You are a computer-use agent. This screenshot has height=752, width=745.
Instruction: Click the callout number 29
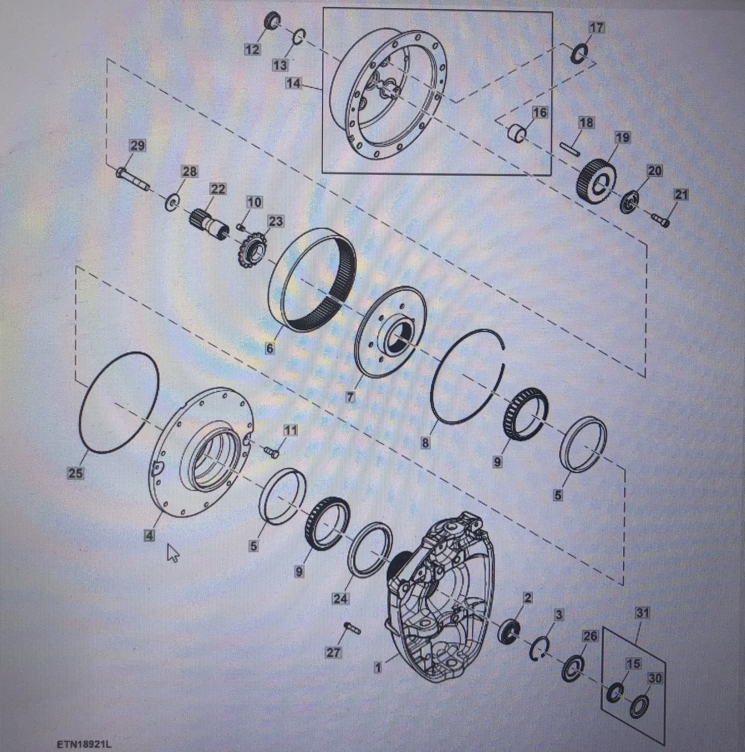pyautogui.click(x=137, y=146)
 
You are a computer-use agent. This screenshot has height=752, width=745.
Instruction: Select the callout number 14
pyautogui.click(x=295, y=83)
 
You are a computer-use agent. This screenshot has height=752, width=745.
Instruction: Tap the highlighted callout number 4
pyautogui.click(x=150, y=535)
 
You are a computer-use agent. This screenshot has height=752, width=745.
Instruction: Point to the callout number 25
pyautogui.click(x=76, y=473)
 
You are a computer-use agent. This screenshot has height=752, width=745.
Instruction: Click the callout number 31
pyautogui.click(x=642, y=613)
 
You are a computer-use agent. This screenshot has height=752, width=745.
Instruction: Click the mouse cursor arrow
pyautogui.click(x=172, y=553)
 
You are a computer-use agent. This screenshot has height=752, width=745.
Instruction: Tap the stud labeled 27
pyautogui.click(x=352, y=629)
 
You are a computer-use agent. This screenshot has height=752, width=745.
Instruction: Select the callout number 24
pyautogui.click(x=340, y=598)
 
